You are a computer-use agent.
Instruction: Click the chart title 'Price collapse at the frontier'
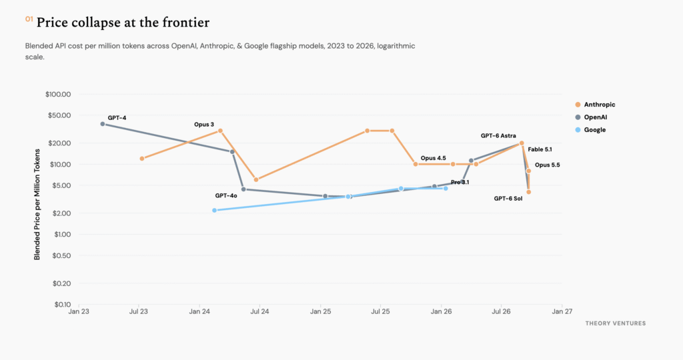click(x=123, y=23)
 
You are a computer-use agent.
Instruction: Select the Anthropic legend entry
click(x=595, y=105)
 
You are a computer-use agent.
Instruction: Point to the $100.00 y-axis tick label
click(x=58, y=95)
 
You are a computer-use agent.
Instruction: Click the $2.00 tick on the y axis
click(x=61, y=213)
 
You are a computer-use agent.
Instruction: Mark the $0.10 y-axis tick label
click(x=61, y=304)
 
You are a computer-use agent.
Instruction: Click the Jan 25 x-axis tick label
click(x=321, y=312)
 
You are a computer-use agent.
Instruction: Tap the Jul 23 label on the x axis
click(x=139, y=312)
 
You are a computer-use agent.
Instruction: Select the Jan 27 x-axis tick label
click(x=562, y=312)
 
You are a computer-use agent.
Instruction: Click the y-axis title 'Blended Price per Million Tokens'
click(x=37, y=205)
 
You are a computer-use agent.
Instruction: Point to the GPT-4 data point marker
click(x=103, y=124)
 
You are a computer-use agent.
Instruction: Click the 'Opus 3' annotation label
click(x=204, y=125)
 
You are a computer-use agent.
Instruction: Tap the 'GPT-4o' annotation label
click(x=226, y=196)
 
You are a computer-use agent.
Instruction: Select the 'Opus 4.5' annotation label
click(x=434, y=158)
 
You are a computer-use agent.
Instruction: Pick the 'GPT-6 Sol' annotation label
click(x=508, y=199)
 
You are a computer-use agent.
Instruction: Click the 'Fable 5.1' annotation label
click(x=540, y=149)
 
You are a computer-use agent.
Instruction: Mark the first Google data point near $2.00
click(x=214, y=210)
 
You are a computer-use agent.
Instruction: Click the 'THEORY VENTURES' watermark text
click(x=616, y=323)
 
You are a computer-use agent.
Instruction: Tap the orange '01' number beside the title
click(x=29, y=19)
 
